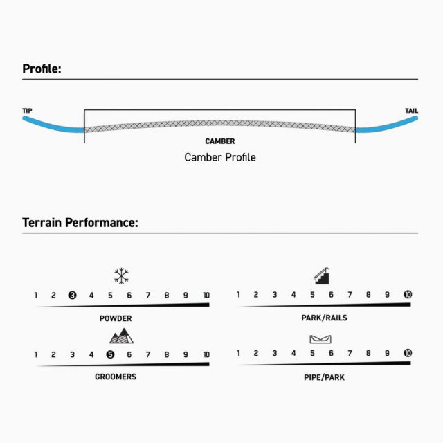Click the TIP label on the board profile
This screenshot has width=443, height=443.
(x=27, y=111)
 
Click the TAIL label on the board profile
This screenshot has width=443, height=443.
(x=411, y=111)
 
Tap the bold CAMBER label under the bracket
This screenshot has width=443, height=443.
(x=220, y=141)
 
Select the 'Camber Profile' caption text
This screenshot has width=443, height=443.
(x=220, y=157)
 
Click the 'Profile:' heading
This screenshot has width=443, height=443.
(x=42, y=69)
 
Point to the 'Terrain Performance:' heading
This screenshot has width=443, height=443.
(x=80, y=223)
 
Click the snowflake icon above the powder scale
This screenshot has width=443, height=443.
(x=121, y=275)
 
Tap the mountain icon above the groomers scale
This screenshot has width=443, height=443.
(x=122, y=336)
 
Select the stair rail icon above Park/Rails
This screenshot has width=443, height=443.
(x=321, y=275)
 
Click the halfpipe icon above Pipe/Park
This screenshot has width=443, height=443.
(x=320, y=339)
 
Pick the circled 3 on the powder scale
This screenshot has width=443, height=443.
(x=72, y=296)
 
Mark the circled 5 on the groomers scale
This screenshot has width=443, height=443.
(x=110, y=354)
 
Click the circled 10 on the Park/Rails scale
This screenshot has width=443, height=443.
(x=408, y=295)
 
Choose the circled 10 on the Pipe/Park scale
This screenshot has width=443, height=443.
(x=408, y=353)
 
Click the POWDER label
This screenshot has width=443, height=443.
(x=116, y=318)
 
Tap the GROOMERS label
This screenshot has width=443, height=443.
(x=116, y=377)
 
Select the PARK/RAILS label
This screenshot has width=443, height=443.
(x=325, y=318)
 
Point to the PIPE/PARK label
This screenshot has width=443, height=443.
(x=325, y=377)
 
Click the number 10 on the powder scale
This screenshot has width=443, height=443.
(x=206, y=296)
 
